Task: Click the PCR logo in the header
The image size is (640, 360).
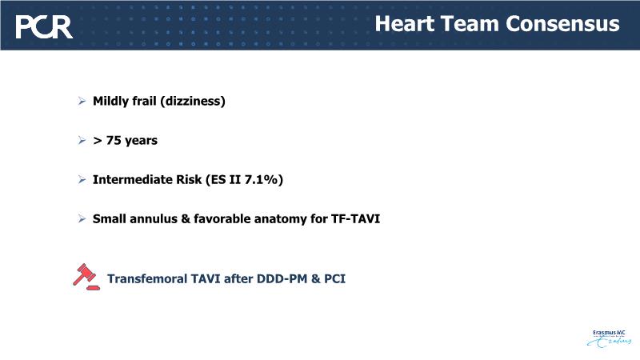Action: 44,27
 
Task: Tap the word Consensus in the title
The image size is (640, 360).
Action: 562,24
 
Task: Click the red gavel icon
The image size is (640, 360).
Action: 86,277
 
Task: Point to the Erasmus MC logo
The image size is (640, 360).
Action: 609,338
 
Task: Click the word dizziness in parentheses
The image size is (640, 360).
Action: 192,102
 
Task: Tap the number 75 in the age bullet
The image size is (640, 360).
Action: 113,141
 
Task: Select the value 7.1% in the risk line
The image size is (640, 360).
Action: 262,179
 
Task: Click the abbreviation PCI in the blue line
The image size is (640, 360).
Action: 334,278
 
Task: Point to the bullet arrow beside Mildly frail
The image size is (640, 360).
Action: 82,101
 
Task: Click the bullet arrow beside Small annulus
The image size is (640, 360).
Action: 82,218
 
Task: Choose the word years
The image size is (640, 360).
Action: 141,142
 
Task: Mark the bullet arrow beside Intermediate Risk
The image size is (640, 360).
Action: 82,179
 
